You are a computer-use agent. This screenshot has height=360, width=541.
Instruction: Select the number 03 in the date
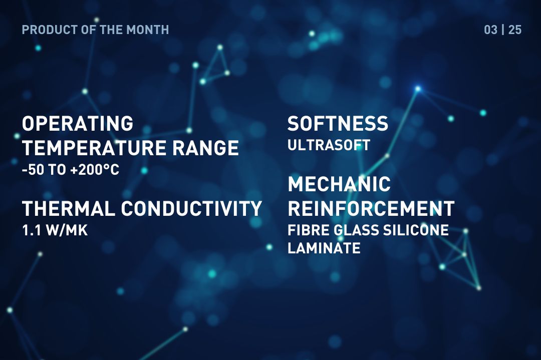click(490, 30)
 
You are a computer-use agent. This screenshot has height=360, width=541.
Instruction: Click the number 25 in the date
click(515, 30)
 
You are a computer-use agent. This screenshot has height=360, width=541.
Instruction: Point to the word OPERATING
click(78, 123)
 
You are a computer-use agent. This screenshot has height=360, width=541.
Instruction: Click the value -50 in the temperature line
click(33, 170)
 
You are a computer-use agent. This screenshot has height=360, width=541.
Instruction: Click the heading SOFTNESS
click(338, 124)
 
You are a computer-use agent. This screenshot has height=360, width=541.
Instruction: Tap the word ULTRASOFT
click(329, 146)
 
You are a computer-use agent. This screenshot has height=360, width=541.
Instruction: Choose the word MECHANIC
click(339, 184)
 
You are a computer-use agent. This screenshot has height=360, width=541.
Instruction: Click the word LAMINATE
click(324, 248)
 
